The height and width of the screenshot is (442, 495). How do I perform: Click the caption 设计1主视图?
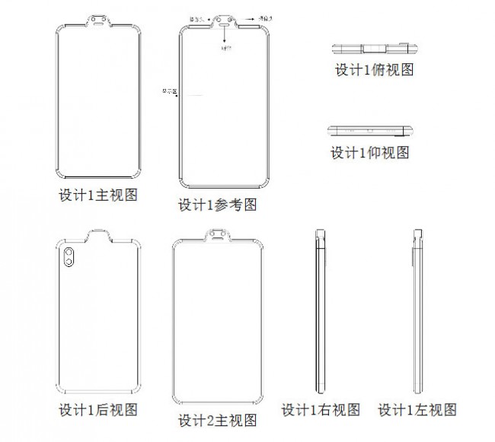point(99,196)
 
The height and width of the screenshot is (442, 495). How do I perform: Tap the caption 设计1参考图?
point(216,205)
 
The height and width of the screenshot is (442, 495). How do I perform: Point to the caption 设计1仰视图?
point(369,152)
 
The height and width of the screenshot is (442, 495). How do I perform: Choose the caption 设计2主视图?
point(216,420)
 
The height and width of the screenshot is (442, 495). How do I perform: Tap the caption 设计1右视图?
point(321,411)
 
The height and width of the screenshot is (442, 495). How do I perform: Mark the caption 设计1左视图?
point(419,411)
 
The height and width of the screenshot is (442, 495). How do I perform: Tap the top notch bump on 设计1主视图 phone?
point(99,18)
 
